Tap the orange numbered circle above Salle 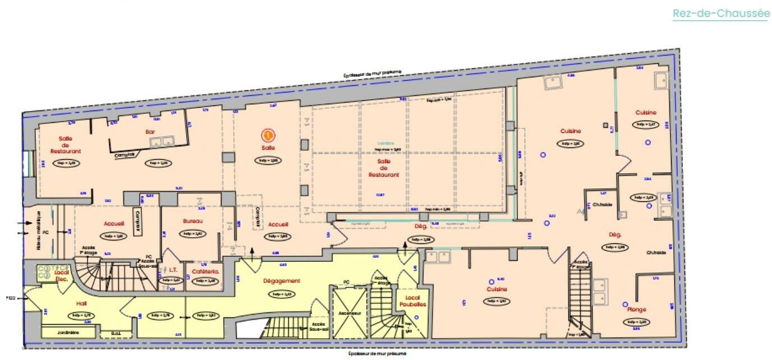[269, 135]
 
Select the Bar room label [150, 133]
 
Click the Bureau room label [192, 221]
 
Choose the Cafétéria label [204, 272]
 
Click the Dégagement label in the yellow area [281, 281]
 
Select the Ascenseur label [349, 313]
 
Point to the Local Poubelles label [413, 300]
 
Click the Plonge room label [637, 310]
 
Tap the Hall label [82, 303]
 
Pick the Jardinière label [68, 333]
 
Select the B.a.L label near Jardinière [116, 333]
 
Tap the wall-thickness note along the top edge [374, 74]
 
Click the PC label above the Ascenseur [346, 282]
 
